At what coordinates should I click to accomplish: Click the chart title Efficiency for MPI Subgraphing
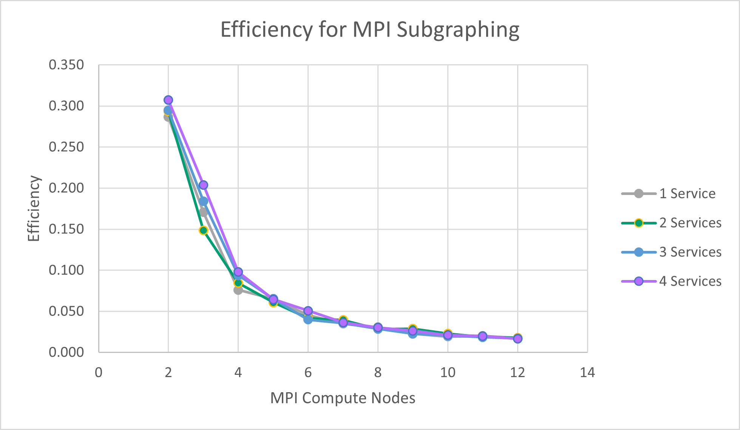[x=370, y=30]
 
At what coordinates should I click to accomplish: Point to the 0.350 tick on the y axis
[x=66, y=65]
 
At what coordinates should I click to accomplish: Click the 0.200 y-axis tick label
[x=66, y=188]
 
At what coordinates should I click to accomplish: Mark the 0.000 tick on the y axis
[x=66, y=352]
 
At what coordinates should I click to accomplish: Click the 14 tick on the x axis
[x=587, y=373]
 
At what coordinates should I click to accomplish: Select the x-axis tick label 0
[x=99, y=373]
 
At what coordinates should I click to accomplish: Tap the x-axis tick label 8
[x=378, y=373]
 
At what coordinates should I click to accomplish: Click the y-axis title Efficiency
[x=34, y=208]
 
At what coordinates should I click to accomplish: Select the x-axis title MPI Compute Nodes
[x=343, y=398]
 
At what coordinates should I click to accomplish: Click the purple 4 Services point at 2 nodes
[x=168, y=100]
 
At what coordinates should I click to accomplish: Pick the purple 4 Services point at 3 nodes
[x=203, y=185]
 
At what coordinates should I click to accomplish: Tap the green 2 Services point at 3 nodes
[x=203, y=230]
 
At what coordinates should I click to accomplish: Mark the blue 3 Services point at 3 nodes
[x=203, y=201]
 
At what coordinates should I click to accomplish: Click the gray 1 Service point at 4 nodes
[x=238, y=290]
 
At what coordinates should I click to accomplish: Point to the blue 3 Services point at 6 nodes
[x=308, y=319]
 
